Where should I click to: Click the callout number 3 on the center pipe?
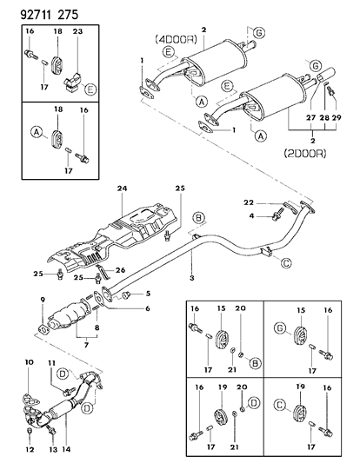pos(190,278)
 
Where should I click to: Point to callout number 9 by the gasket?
pos(42,301)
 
